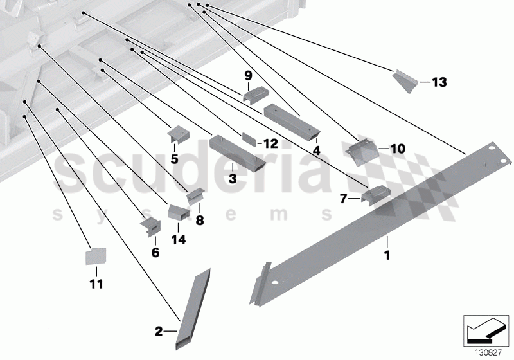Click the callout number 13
tap(439, 82)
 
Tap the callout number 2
tap(159, 332)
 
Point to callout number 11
tap(96, 283)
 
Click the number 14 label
tap(178, 240)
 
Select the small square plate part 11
tap(96, 256)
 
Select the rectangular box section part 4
tap(291, 120)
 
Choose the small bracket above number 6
tap(151, 224)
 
